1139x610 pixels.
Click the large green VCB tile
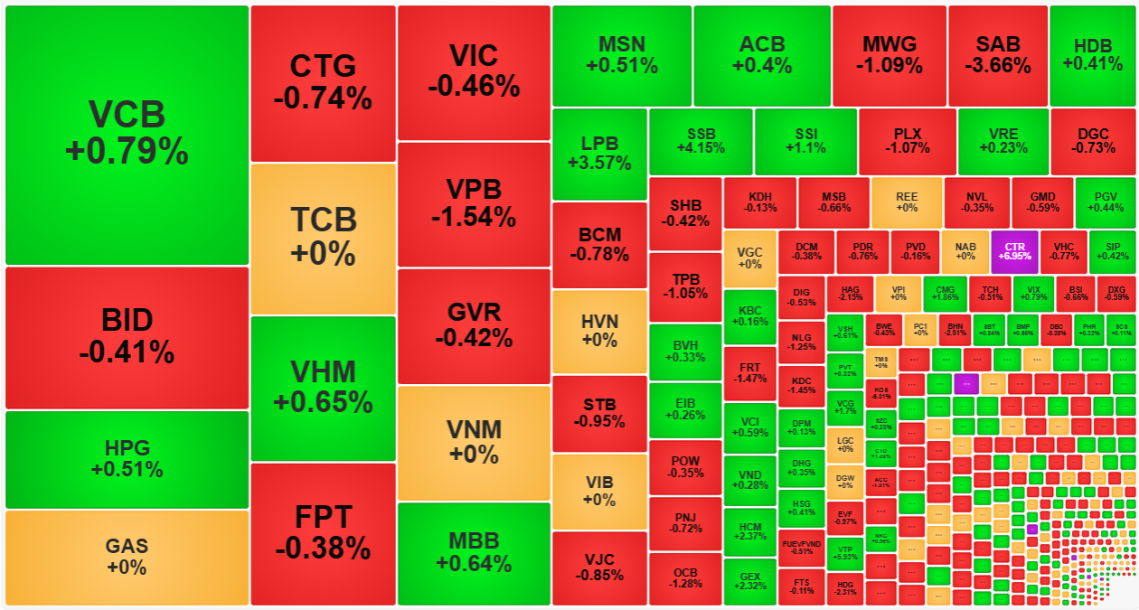127,135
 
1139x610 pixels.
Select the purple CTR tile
1014,250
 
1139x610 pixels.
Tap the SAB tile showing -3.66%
997,55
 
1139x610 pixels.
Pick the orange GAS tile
127,557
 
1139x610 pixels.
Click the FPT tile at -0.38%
323,533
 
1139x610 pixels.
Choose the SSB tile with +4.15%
701,141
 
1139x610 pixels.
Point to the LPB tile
598,154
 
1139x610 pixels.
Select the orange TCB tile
323,238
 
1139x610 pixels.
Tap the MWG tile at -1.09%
889,55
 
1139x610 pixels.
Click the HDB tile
1093,55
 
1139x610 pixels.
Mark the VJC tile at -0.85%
598,568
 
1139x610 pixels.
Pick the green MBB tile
474,553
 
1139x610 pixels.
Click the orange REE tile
906,202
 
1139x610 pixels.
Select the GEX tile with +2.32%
749,581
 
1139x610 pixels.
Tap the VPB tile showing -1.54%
474,203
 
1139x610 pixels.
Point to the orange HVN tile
598,332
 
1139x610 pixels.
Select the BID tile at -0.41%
127,337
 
